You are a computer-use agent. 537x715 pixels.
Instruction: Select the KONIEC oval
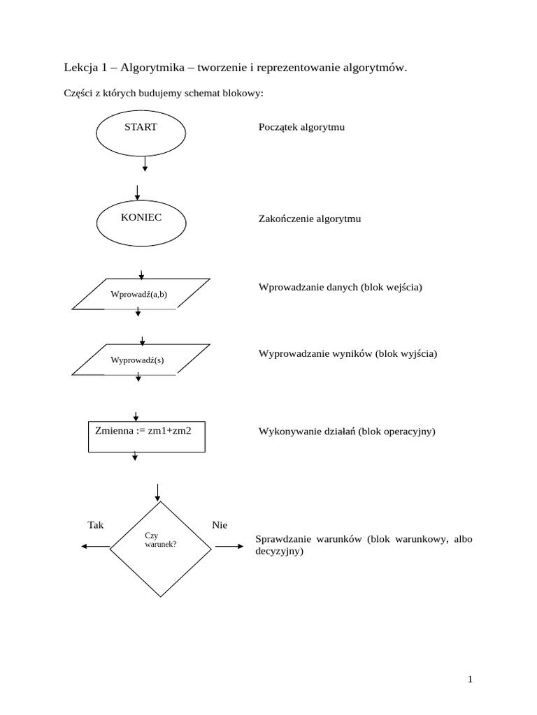[141, 223]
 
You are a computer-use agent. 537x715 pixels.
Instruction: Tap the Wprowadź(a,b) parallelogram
[141, 294]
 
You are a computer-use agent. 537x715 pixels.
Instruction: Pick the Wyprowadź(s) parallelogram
[141, 360]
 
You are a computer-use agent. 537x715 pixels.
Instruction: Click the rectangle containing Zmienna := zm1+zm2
[146, 436]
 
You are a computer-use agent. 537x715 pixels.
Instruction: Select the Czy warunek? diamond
[160, 547]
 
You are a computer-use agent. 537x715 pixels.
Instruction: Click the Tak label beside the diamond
[95, 525]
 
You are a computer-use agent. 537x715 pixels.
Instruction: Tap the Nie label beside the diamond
[219, 525]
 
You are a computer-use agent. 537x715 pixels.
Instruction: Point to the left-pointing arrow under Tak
[95, 547]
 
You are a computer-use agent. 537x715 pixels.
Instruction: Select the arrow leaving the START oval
[145, 163]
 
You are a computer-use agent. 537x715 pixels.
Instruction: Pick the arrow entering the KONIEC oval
[138, 193]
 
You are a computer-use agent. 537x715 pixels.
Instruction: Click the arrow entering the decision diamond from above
[159, 492]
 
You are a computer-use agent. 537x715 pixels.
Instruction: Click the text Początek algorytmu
[301, 128]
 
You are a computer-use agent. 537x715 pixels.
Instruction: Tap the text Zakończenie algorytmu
[310, 219]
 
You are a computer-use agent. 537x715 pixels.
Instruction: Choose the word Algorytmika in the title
[152, 68]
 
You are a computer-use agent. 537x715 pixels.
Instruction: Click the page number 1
[471, 679]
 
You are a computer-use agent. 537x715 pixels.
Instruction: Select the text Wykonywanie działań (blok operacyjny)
[347, 432]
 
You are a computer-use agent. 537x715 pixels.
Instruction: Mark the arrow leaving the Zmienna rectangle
[135, 456]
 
